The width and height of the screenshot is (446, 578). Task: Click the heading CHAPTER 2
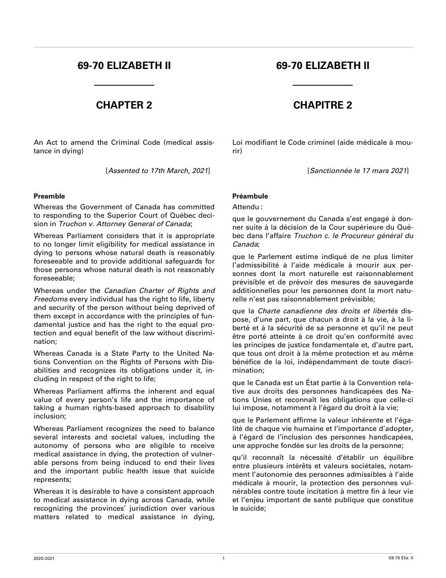[124, 105]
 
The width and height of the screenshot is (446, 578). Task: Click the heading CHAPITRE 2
[323, 105]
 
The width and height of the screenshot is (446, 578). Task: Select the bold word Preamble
[49, 196]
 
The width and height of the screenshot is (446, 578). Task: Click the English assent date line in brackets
[158, 170]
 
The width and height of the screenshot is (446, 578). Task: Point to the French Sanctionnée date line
[358, 170]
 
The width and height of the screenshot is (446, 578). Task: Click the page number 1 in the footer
[224, 559]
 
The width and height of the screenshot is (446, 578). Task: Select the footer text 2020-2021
[44, 559]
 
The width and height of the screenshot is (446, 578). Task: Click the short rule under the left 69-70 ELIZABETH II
[124, 85]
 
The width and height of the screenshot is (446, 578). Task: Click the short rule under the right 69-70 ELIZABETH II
[323, 85]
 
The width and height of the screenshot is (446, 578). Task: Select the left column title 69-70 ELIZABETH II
[124, 66]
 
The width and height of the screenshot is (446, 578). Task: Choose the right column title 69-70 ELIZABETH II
[323, 66]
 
